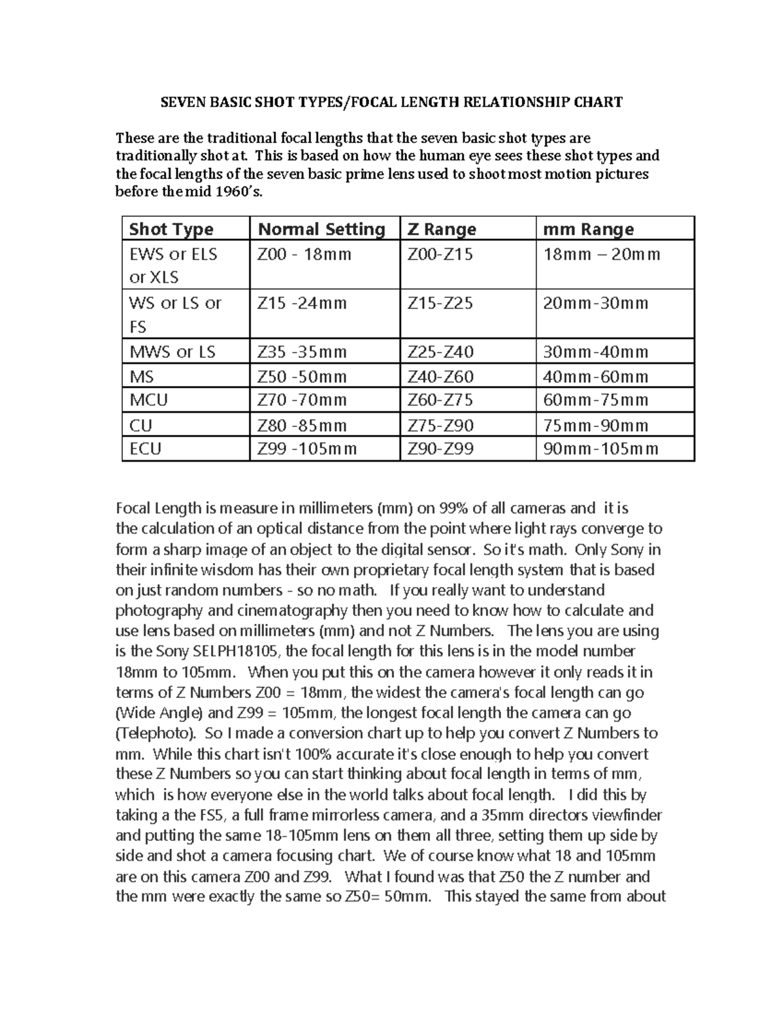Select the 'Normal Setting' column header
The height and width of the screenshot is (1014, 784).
(321, 229)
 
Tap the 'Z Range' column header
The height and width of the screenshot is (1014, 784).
(442, 229)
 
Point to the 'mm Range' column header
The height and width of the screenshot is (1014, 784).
(589, 229)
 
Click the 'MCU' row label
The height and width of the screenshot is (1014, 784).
(148, 400)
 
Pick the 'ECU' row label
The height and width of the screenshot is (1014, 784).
(145, 449)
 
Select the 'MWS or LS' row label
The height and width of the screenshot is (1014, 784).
(172, 352)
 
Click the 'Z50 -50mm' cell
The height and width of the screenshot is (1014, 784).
(302, 377)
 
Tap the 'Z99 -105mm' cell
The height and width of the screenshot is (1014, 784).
(307, 449)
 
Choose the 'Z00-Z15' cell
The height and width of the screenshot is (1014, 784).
(440, 254)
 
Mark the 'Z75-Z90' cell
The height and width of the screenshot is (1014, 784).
(440, 426)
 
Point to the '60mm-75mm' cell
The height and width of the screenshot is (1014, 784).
(596, 400)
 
